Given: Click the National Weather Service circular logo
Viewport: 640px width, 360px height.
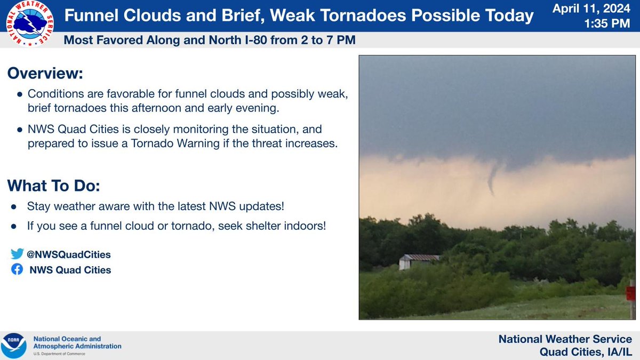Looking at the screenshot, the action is (30, 23).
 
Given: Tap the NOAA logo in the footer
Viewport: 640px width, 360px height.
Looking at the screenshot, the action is (14, 346).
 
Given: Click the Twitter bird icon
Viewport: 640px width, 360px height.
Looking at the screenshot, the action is (17, 254).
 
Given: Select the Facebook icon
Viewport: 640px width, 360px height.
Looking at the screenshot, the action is (17, 269).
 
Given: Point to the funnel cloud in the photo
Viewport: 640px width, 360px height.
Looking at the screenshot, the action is (493, 178).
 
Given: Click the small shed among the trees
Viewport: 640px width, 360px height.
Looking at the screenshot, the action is (419, 262).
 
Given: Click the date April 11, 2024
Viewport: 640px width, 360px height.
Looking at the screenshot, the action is (591, 9).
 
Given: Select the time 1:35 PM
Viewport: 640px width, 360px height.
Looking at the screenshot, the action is (607, 23).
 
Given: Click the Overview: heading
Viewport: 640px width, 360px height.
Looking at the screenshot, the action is (45, 73).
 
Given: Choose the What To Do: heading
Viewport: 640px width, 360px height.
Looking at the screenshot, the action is (53, 186).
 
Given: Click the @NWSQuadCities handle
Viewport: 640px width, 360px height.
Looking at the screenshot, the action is (69, 254).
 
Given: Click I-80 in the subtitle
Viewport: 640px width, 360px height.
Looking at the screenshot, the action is (256, 40).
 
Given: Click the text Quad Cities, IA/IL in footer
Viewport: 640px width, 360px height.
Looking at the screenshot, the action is (586, 351).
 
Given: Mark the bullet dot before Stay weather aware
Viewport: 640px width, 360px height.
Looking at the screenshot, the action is (14, 206).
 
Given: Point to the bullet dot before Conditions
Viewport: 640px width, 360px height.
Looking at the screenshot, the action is (20, 94).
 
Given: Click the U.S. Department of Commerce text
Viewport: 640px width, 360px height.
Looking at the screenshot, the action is (59, 354).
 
